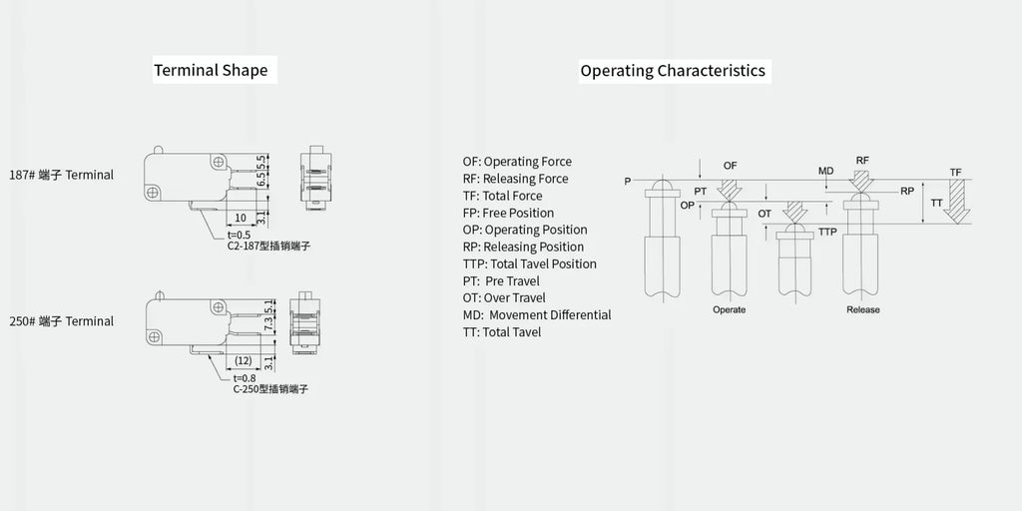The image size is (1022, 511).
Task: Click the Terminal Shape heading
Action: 211,71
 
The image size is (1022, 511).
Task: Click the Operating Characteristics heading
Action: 673,71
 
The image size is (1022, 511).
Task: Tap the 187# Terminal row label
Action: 61,175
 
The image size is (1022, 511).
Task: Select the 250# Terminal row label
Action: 61,321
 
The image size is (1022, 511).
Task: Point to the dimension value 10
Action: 241,217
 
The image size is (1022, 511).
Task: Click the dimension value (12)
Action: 244,361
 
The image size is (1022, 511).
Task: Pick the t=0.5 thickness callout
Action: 239,235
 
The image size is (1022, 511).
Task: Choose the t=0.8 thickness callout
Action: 245,378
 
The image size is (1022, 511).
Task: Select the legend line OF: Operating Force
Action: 517,162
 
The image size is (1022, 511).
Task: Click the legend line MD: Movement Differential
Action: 537,314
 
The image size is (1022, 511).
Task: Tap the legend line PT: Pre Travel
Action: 501,280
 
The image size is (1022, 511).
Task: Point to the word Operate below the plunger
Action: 729,309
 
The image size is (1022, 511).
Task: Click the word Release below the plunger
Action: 863,309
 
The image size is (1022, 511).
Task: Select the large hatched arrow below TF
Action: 957,202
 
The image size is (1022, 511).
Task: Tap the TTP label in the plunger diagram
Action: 827,232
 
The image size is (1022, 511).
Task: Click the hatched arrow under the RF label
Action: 862,181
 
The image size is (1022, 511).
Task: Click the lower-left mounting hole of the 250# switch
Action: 154,337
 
